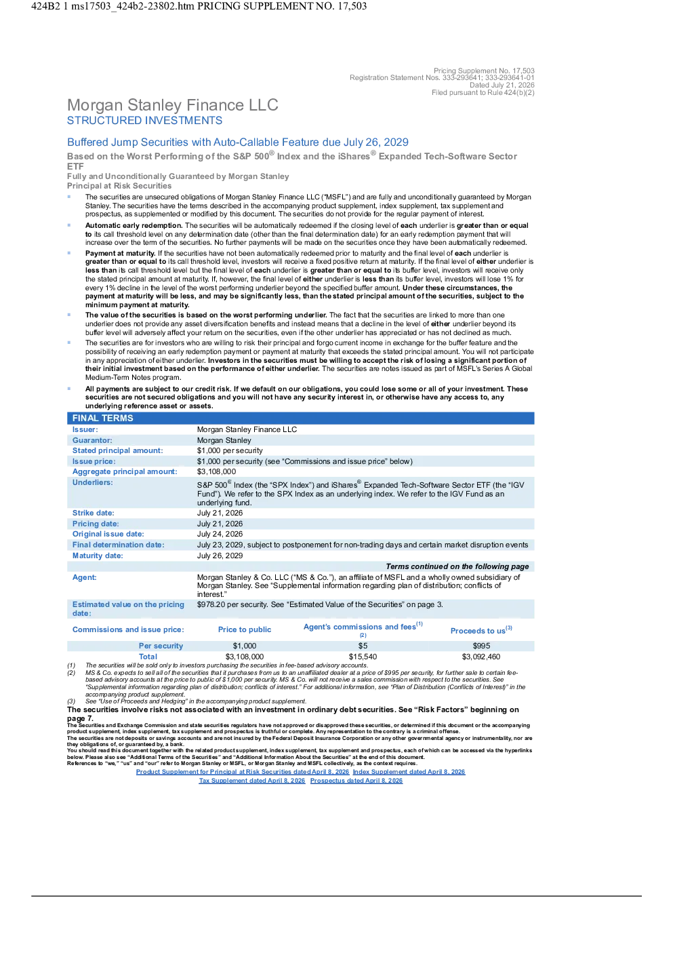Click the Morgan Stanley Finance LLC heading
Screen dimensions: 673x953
[x=173, y=105]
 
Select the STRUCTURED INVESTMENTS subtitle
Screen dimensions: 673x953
[x=144, y=121]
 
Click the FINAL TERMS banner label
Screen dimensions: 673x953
[x=102, y=419]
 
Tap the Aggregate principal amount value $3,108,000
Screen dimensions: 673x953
[x=216, y=472]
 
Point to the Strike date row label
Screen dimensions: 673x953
[x=93, y=513]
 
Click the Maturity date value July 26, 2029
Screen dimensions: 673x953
[x=220, y=556]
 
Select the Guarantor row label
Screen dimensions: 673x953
[x=92, y=440]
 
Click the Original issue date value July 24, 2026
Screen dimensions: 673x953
[x=220, y=534]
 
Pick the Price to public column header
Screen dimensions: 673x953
[x=245, y=629]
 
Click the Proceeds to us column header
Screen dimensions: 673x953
[x=481, y=631]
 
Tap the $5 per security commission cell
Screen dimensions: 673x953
[x=363, y=646]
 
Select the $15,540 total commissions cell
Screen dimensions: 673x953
[x=363, y=657]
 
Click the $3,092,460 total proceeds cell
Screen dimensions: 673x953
[x=481, y=657]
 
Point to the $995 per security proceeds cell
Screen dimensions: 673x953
[x=481, y=646]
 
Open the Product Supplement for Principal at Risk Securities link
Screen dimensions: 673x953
[x=243, y=772]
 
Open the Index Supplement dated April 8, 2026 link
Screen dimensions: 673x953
[x=409, y=772]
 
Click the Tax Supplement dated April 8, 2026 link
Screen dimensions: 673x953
[x=252, y=781]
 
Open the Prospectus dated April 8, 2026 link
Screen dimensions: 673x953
[x=356, y=781]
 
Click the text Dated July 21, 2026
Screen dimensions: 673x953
[x=502, y=85]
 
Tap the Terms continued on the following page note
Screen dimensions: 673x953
[x=457, y=566]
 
